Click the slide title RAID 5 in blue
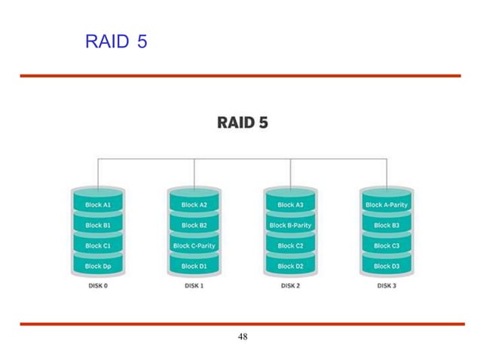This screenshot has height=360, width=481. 116,41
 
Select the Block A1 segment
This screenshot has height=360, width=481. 98,205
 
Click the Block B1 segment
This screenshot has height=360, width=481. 98,225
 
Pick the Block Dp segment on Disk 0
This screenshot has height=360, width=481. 98,266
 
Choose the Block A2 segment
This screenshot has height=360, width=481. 195,205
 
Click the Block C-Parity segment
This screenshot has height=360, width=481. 195,246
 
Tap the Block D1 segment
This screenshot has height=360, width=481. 195,266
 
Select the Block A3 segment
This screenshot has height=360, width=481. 290,205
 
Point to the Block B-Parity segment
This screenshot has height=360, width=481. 290,225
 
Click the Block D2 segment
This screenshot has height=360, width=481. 290,266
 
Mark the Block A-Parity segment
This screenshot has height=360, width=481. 387,205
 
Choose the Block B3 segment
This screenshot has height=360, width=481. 387,225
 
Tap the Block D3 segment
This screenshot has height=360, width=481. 387,266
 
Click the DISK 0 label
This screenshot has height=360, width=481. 98,286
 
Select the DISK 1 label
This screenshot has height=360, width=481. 195,286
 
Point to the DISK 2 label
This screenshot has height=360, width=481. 290,286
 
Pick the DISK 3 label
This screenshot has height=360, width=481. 387,286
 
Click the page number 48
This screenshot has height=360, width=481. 243,337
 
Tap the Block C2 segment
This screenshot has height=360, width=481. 290,246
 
